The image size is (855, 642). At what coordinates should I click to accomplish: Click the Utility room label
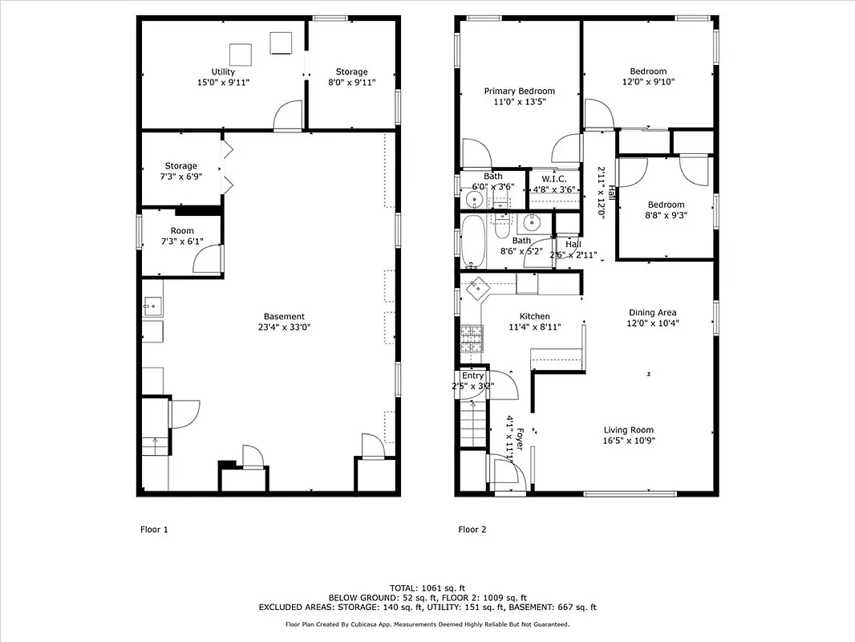[x=223, y=71]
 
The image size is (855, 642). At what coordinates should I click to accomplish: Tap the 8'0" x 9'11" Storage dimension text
[x=351, y=83]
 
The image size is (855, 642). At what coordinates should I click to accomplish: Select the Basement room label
[x=284, y=316]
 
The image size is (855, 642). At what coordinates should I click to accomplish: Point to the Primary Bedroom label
[x=519, y=91]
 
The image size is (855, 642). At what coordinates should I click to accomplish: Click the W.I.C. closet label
[x=554, y=179]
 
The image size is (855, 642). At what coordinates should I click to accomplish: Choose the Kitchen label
[x=534, y=316]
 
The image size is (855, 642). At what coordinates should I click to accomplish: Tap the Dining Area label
[x=651, y=313]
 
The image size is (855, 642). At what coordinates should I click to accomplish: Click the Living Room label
[x=628, y=430]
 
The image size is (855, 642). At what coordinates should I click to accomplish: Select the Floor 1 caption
[x=154, y=530]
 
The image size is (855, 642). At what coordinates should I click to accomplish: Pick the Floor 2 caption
[x=472, y=530]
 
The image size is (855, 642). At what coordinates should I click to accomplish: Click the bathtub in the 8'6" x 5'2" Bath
[x=472, y=242]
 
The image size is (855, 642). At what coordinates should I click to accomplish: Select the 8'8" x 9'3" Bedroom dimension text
[x=666, y=215]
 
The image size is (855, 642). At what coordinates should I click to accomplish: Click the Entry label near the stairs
[x=472, y=376]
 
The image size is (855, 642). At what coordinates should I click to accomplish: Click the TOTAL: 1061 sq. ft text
[x=427, y=588]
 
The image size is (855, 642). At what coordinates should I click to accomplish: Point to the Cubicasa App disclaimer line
[x=427, y=624]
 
